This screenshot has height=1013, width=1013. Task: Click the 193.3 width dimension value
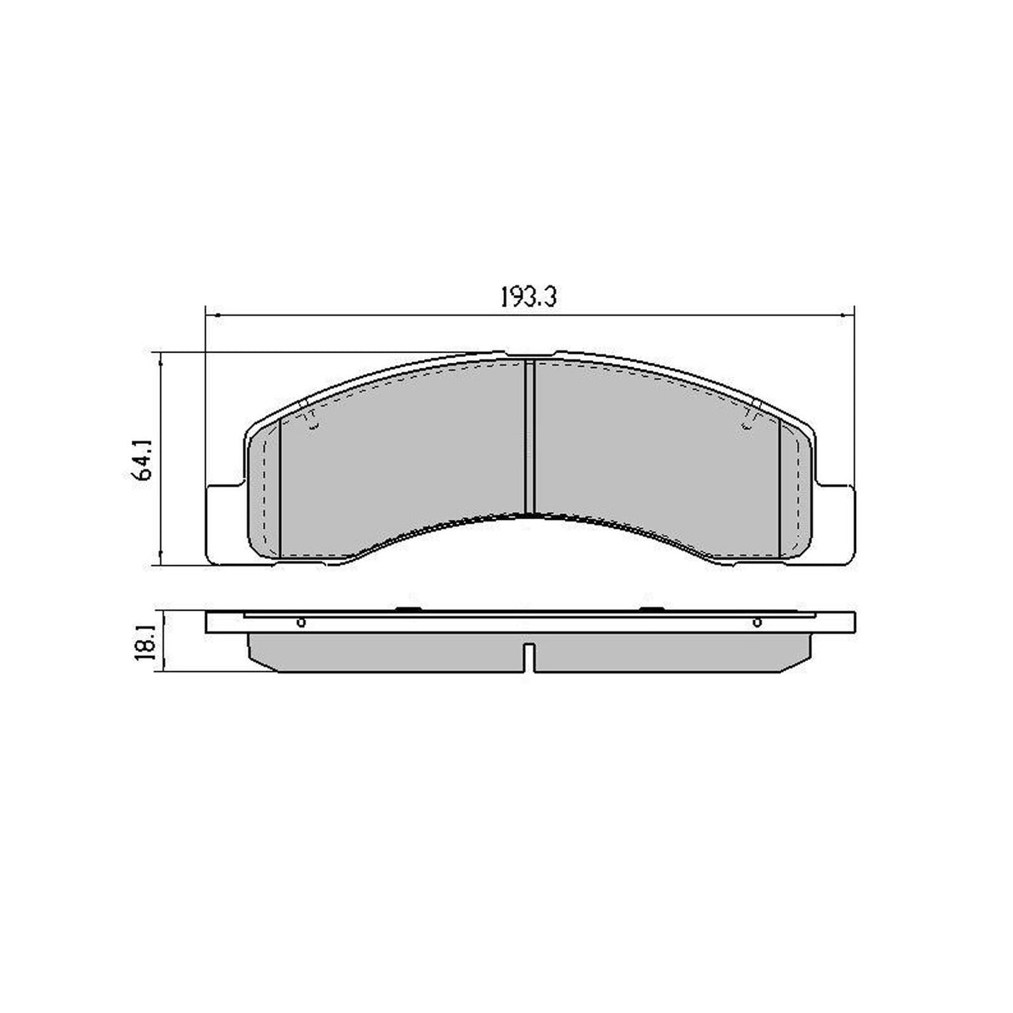point(528,298)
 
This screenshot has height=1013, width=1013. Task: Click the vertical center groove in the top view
point(528,438)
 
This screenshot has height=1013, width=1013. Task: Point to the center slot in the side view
point(529,658)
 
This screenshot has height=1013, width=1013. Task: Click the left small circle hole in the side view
point(301,622)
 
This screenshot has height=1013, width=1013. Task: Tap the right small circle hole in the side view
point(757,622)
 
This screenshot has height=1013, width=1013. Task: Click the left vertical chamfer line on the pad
point(280,488)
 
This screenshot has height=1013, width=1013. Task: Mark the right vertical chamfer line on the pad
point(779,488)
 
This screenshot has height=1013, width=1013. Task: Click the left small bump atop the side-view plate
point(407,609)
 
